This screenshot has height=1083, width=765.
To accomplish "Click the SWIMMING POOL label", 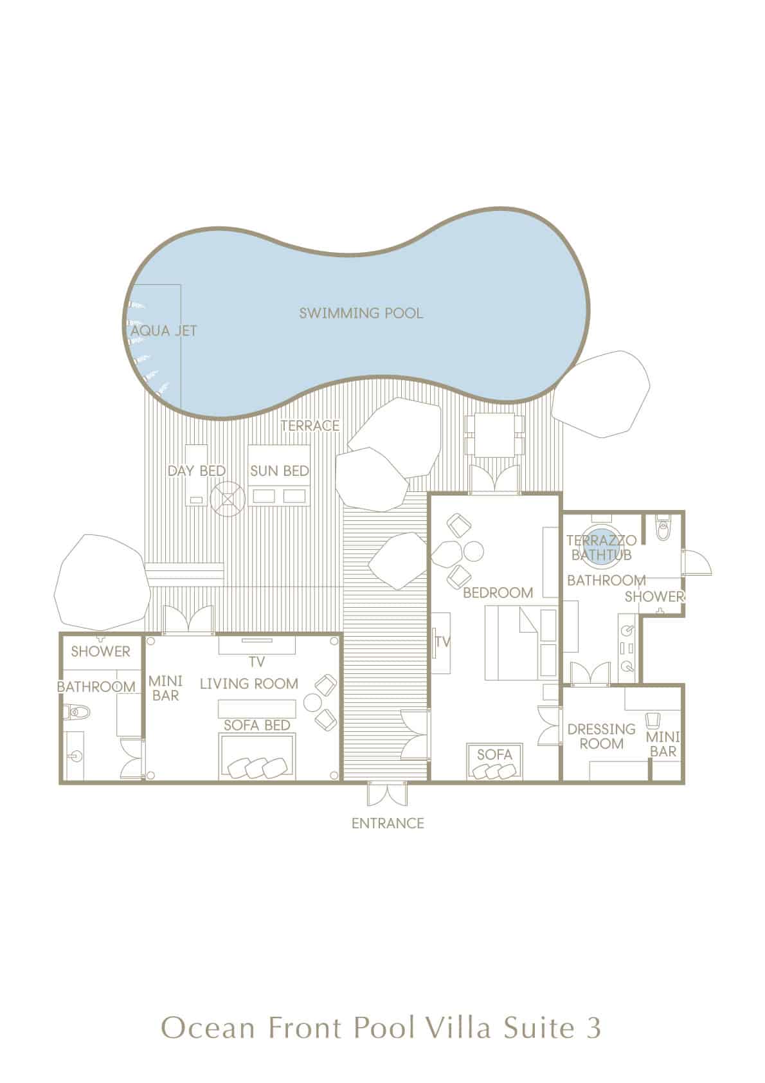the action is click(x=361, y=313).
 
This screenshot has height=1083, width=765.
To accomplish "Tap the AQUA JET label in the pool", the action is click(x=164, y=331).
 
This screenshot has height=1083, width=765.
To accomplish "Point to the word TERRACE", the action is click(x=310, y=426).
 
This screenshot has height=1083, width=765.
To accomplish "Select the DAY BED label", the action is click(x=197, y=470).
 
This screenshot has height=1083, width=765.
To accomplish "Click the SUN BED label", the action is click(x=280, y=470).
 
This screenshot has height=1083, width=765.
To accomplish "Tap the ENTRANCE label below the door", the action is click(x=388, y=823).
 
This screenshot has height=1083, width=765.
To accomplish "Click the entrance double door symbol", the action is click(x=387, y=793).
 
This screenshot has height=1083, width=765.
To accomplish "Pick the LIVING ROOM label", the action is click(x=249, y=683).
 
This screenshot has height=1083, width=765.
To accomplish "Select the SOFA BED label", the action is click(x=256, y=725).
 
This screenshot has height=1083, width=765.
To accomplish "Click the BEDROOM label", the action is click(x=498, y=592).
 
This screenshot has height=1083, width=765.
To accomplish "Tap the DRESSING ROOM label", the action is click(x=601, y=736).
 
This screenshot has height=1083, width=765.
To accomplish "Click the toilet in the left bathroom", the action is click(x=77, y=712).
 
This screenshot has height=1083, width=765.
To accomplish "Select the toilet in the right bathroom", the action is click(x=662, y=530).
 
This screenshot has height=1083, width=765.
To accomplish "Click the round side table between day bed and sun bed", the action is click(x=228, y=498).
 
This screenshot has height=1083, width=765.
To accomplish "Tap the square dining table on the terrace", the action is click(x=494, y=435).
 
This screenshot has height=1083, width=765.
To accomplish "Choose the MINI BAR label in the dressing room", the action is click(x=663, y=744).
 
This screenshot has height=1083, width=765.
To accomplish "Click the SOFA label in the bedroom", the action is click(x=494, y=754).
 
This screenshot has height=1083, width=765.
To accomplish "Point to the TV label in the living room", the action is click(x=256, y=661).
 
